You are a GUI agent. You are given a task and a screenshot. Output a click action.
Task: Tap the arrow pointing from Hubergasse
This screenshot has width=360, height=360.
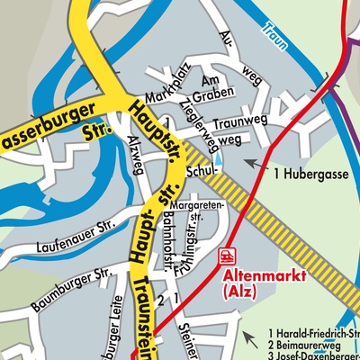tap(256, 164)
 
